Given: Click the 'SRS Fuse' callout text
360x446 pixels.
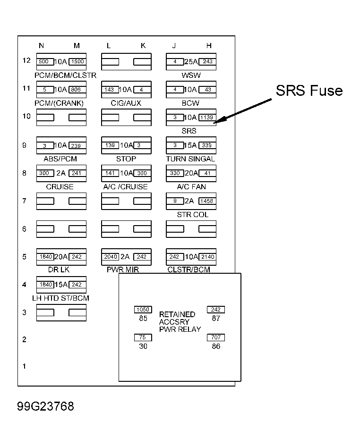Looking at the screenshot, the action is pyautogui.click(x=309, y=91).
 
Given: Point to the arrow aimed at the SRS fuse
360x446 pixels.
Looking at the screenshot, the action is pyautogui.click(x=243, y=111).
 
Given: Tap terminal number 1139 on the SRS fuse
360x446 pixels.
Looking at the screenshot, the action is pyautogui.click(x=207, y=118).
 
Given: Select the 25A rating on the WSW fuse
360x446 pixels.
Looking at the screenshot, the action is pyautogui.click(x=191, y=61).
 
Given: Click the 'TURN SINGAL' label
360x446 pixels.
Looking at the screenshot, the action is pyautogui.click(x=190, y=159).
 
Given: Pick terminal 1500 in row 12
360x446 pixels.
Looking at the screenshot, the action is pyautogui.click(x=77, y=61).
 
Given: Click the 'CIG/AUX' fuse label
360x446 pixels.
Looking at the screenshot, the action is pyautogui.click(x=126, y=103).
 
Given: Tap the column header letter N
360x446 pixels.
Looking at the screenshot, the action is pyautogui.click(x=41, y=45).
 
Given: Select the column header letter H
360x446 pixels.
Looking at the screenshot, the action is pyautogui.click(x=209, y=45).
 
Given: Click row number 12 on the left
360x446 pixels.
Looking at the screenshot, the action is pyautogui.click(x=26, y=60).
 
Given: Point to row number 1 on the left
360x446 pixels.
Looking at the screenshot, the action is pyautogui.click(x=24, y=366).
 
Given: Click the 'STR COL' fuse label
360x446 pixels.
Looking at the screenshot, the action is pyautogui.click(x=193, y=214).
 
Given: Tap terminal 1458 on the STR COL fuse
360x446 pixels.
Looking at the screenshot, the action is pyautogui.click(x=207, y=201).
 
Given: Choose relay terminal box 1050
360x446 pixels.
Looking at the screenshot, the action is pyautogui.click(x=143, y=310).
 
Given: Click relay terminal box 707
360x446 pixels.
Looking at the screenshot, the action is pyautogui.click(x=216, y=337).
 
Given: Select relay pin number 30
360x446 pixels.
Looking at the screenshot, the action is pyautogui.click(x=143, y=346).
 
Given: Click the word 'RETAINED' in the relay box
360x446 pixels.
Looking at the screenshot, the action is pyautogui.click(x=177, y=314).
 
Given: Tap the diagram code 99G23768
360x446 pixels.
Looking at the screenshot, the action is pyautogui.click(x=45, y=406).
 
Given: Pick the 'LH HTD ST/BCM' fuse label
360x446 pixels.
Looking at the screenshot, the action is pyautogui.click(x=60, y=298).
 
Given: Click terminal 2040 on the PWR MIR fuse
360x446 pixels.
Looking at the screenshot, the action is pyautogui.click(x=111, y=257).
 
